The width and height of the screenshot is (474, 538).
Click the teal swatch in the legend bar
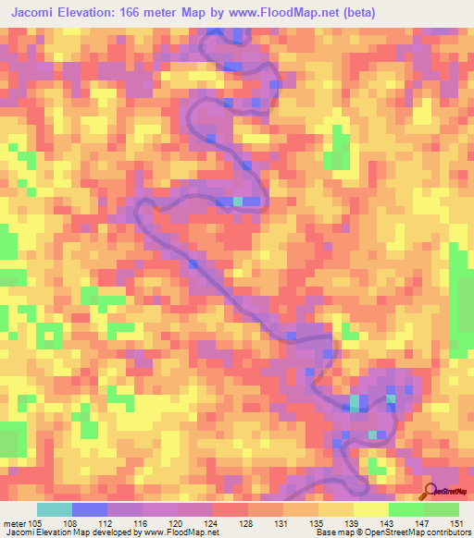54,509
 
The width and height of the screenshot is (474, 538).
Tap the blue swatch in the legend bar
89,509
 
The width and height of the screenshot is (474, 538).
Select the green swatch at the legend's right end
441,509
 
